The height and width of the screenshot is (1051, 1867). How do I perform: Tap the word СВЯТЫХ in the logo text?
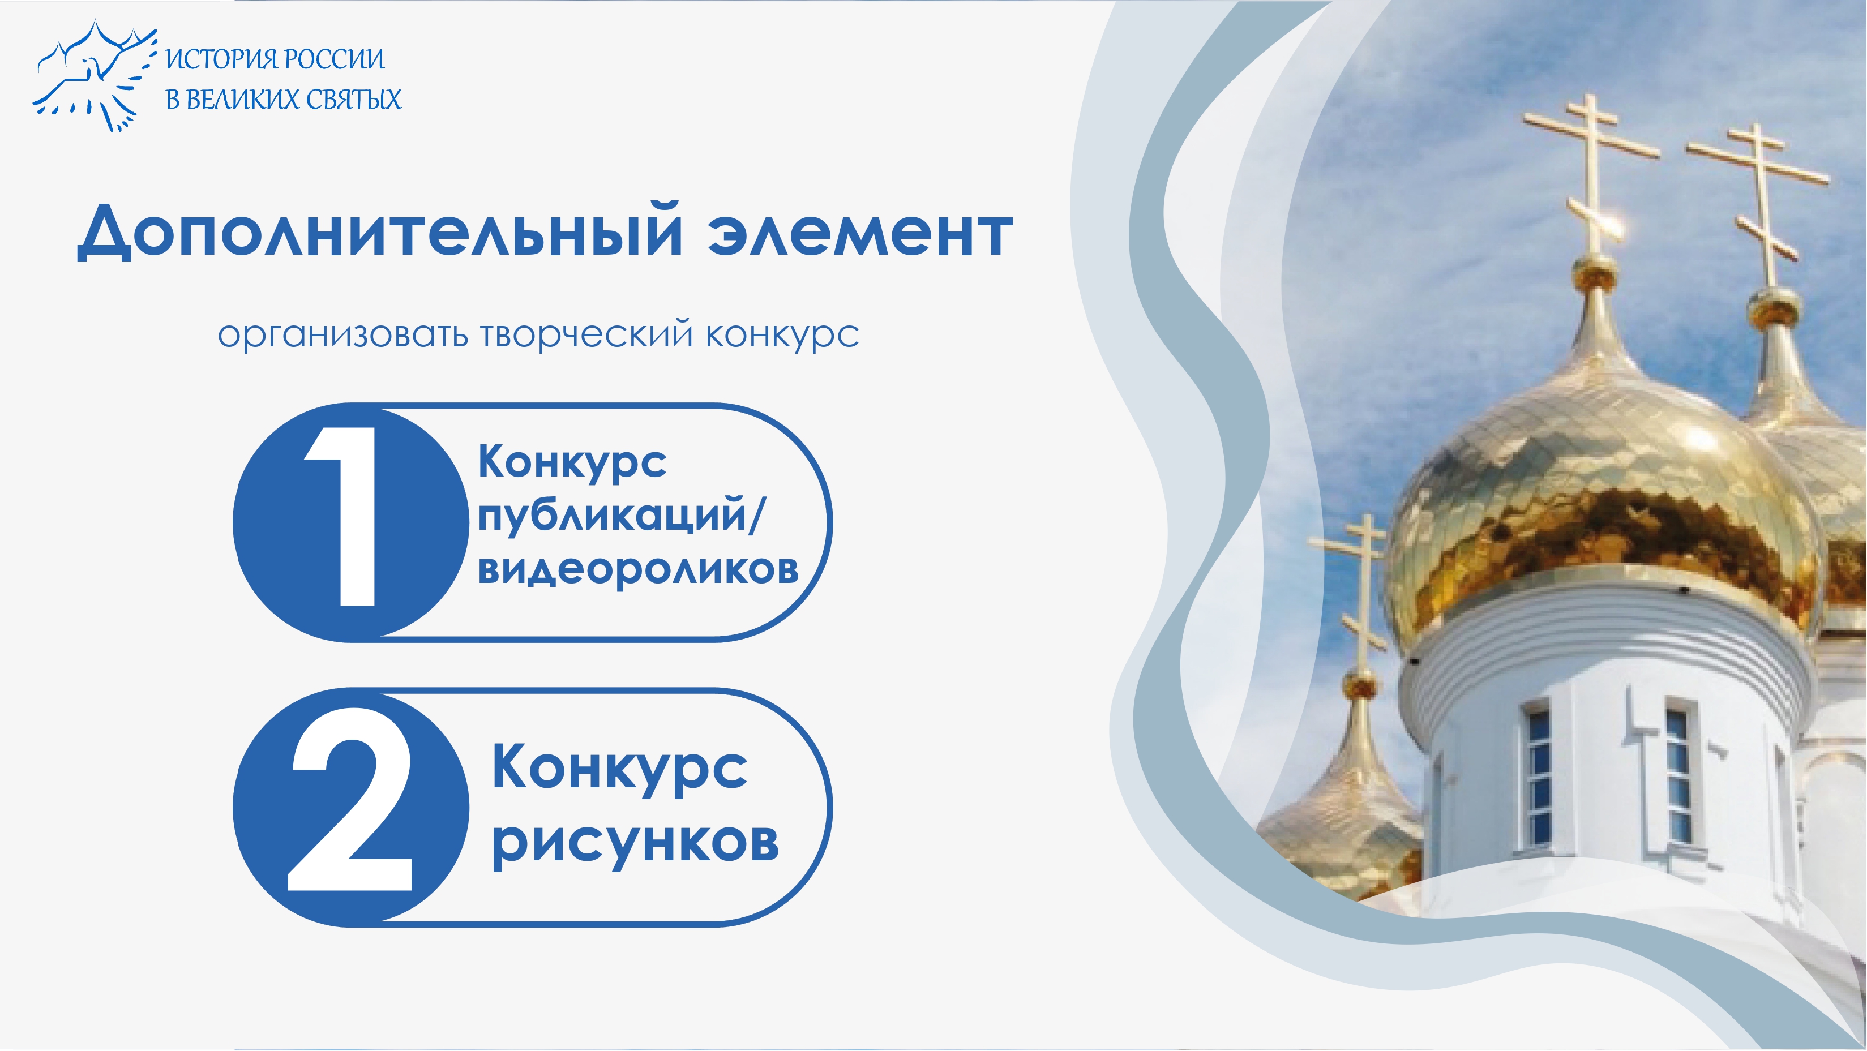[x=352, y=99]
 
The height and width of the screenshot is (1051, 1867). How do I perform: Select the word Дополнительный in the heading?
[x=380, y=231]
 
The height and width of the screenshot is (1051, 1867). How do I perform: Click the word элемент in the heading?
[x=860, y=233]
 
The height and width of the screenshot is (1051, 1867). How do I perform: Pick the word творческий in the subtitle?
[x=586, y=336]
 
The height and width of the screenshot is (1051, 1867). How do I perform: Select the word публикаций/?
[x=621, y=517]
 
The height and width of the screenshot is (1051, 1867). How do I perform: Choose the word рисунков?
[x=635, y=842]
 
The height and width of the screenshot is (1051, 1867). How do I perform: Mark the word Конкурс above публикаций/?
[x=572, y=462]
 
